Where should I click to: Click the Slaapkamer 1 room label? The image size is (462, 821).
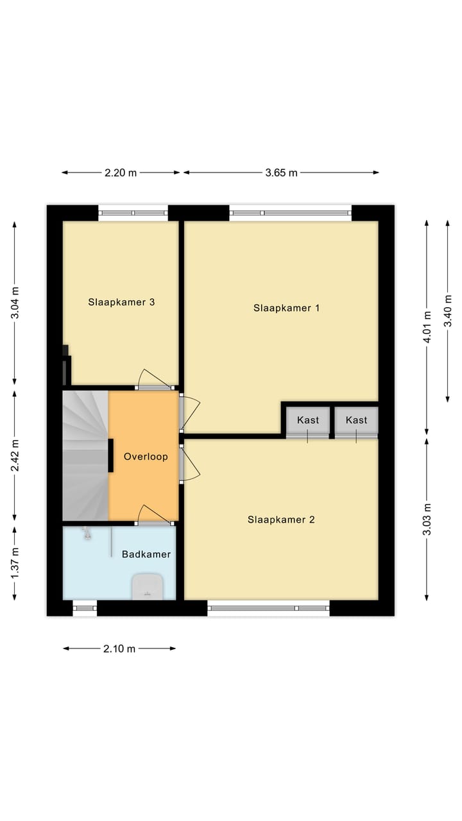(286, 308)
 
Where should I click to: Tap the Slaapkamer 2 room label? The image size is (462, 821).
(281, 520)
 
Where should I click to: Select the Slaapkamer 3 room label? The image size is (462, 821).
(121, 301)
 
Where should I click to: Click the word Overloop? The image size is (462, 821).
(146, 457)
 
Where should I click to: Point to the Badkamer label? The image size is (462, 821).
(146, 554)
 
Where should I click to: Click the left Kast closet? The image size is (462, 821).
(308, 420)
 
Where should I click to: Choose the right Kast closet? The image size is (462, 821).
(356, 420)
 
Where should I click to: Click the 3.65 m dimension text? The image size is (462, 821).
(281, 173)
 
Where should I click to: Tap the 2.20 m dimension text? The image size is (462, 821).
(121, 173)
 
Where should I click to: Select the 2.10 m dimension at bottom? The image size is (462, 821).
(119, 648)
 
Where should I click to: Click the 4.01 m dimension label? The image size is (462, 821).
(427, 327)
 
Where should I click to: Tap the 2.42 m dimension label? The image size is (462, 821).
(15, 455)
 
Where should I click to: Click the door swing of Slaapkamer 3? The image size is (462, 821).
(154, 380)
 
